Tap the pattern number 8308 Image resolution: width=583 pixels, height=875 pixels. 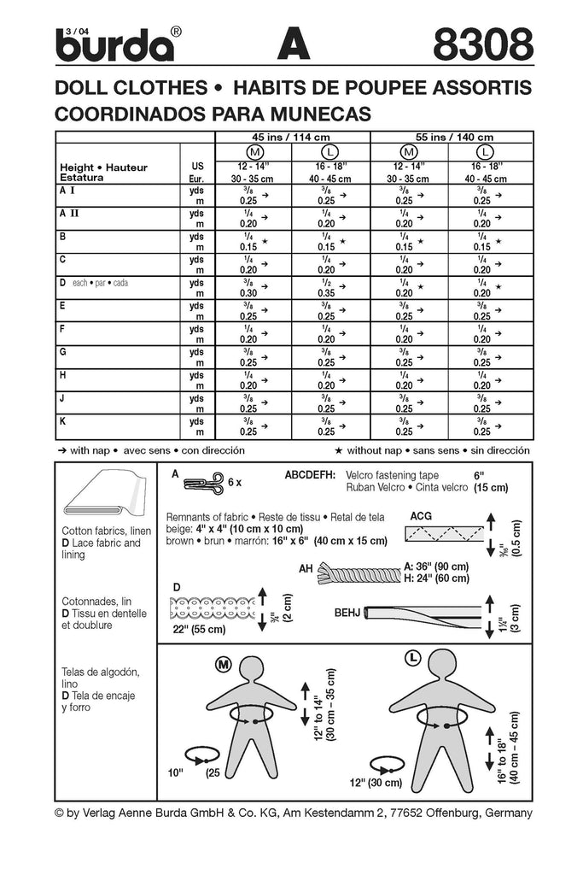click(482, 45)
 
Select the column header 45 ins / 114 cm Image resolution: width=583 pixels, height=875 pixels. click(292, 137)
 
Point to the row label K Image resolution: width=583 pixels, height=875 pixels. click(63, 421)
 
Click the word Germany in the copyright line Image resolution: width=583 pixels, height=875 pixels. click(504, 813)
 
